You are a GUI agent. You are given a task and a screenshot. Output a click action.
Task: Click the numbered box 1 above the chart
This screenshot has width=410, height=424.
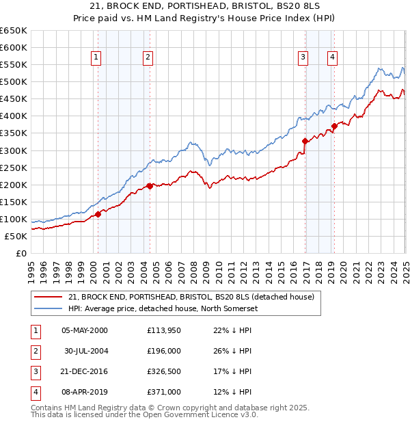96,57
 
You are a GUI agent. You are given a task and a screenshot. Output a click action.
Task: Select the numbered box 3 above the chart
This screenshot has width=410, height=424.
303,57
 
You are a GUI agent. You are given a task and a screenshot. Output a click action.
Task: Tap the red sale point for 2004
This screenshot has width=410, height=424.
150,186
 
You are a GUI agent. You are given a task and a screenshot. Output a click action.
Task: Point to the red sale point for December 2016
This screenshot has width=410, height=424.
305,141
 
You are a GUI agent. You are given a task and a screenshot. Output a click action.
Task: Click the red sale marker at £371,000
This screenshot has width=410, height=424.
334,126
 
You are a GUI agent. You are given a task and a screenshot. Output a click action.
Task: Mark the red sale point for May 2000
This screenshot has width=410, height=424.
98,214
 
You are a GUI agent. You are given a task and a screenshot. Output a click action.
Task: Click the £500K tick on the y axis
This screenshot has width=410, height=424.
14,82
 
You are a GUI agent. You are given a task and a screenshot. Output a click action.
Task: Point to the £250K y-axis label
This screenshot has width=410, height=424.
14,168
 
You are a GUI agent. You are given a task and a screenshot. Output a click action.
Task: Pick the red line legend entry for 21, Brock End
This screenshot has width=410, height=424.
191,297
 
